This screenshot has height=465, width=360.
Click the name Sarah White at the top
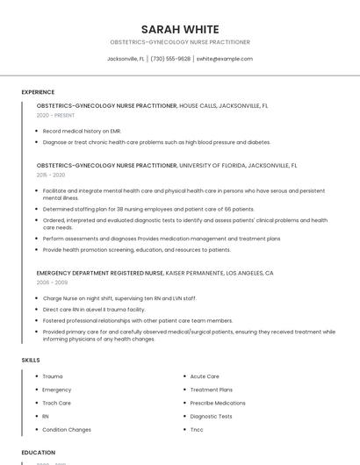[180, 29]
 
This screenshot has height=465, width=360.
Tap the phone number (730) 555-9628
[170, 59]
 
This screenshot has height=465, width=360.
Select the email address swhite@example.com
[224, 59]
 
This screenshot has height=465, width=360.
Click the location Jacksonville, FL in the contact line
[126, 59]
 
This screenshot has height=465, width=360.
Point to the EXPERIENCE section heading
[38, 92]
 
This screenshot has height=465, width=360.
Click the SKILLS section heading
[31, 360]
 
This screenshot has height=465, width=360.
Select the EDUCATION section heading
[39, 453]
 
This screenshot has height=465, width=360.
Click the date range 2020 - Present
[56, 115]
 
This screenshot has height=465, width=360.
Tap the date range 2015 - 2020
[51, 175]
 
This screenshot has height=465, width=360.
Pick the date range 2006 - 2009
[52, 283]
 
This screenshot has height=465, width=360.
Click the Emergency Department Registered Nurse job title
[100, 273]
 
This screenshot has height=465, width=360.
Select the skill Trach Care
[57, 403]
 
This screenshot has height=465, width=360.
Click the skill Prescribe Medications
[218, 403]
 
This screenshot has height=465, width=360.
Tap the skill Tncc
[197, 430]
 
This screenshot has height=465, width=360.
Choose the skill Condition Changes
[67, 430]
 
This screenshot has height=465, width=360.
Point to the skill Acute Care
[205, 376]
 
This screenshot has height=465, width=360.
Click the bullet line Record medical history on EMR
[83, 132]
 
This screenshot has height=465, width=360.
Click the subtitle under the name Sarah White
[180, 42]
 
